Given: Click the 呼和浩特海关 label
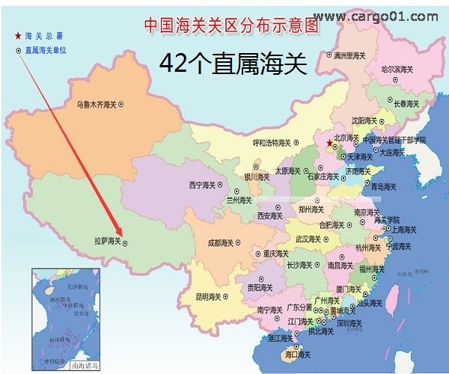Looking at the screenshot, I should pos(270,142).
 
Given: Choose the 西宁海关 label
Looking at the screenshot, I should pos(204,183).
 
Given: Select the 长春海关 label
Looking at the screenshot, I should pos(408,103).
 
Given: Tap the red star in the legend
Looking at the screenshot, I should pos(18,35).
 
